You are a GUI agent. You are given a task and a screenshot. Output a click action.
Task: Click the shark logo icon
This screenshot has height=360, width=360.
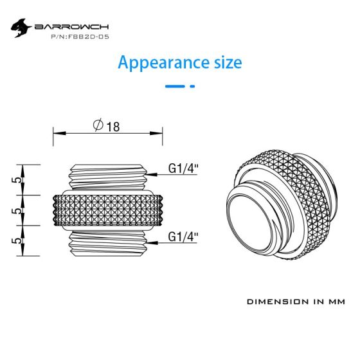[x=21, y=28]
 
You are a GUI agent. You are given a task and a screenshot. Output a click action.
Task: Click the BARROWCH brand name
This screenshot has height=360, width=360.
[x=71, y=27]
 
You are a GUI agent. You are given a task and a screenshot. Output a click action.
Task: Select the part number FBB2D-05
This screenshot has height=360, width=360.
[x=80, y=37]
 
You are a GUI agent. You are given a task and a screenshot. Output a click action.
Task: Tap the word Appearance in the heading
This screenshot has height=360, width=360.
[x=163, y=63]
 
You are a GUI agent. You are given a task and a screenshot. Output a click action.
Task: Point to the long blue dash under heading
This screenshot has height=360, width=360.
[x=175, y=86]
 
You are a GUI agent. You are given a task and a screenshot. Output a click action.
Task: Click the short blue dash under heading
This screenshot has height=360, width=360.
[x=192, y=86]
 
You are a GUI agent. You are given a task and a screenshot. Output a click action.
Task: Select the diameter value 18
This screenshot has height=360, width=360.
[x=113, y=127]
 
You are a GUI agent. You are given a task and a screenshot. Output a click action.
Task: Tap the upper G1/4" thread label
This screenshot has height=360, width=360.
[x=183, y=168]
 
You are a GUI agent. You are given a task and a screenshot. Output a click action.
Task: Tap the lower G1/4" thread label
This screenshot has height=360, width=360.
[x=183, y=237]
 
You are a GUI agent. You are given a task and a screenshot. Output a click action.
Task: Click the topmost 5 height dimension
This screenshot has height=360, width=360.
[x=18, y=180]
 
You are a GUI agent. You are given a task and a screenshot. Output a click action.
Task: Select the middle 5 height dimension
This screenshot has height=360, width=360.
[x=18, y=211]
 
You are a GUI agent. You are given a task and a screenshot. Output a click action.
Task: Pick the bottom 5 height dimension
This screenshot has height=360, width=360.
[x=18, y=240]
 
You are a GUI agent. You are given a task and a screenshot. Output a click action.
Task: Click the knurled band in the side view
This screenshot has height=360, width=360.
[x=108, y=210]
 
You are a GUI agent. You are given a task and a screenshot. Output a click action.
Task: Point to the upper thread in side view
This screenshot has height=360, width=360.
[x=108, y=177]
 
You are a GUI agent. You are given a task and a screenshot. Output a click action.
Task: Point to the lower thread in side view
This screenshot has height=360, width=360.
[x=108, y=244]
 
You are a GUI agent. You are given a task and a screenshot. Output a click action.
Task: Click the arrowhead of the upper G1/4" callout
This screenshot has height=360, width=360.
[x=151, y=174]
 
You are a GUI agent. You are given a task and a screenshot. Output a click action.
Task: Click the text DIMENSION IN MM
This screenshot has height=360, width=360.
[x=296, y=301]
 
